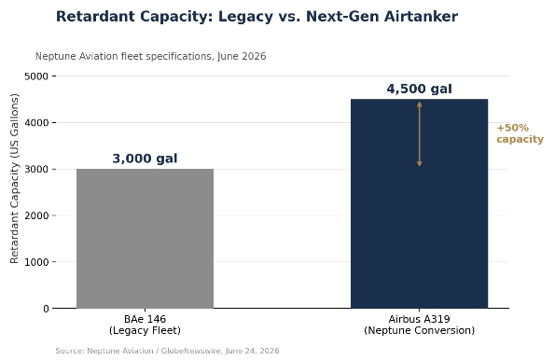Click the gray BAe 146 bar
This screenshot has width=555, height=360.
pos(146,239)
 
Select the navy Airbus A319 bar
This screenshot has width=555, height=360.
pos(420,203)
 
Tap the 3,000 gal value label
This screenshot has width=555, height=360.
pos(145,159)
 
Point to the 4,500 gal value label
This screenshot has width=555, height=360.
pos(420,89)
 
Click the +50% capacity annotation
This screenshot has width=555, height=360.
pos(520,133)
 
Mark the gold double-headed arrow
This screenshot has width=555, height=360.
pos(420,134)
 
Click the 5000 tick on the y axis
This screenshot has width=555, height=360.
pos(36,76)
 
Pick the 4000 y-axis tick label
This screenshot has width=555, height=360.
pos(36,123)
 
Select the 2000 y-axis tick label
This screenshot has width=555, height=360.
pos(36,215)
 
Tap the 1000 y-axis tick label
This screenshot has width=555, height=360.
pos(36,262)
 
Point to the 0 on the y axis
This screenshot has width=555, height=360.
pos(46,309)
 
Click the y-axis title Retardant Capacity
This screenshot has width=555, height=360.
pos(14,178)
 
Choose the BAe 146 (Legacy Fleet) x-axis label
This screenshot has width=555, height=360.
pos(145,325)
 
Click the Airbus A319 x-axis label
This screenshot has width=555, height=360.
pos(420,325)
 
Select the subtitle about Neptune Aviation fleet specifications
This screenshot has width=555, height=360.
pos(150,57)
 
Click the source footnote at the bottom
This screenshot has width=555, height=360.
pos(167,351)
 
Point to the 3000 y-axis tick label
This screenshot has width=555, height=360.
pos(36,169)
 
